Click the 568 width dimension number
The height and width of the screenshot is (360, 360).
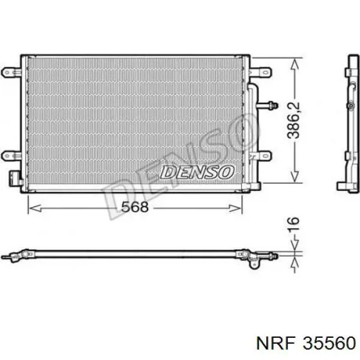(135, 206)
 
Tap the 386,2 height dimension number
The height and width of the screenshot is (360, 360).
(293, 121)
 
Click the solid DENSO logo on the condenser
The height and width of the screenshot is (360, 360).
(197, 172)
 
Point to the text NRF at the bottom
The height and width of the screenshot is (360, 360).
(275, 343)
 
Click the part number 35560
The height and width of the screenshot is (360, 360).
(329, 343)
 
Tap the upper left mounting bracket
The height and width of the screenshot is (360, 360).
(11, 73)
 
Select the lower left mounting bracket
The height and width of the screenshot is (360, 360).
(11, 155)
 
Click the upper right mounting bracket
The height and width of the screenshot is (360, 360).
(260, 73)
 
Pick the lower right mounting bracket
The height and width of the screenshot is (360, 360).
(260, 155)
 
